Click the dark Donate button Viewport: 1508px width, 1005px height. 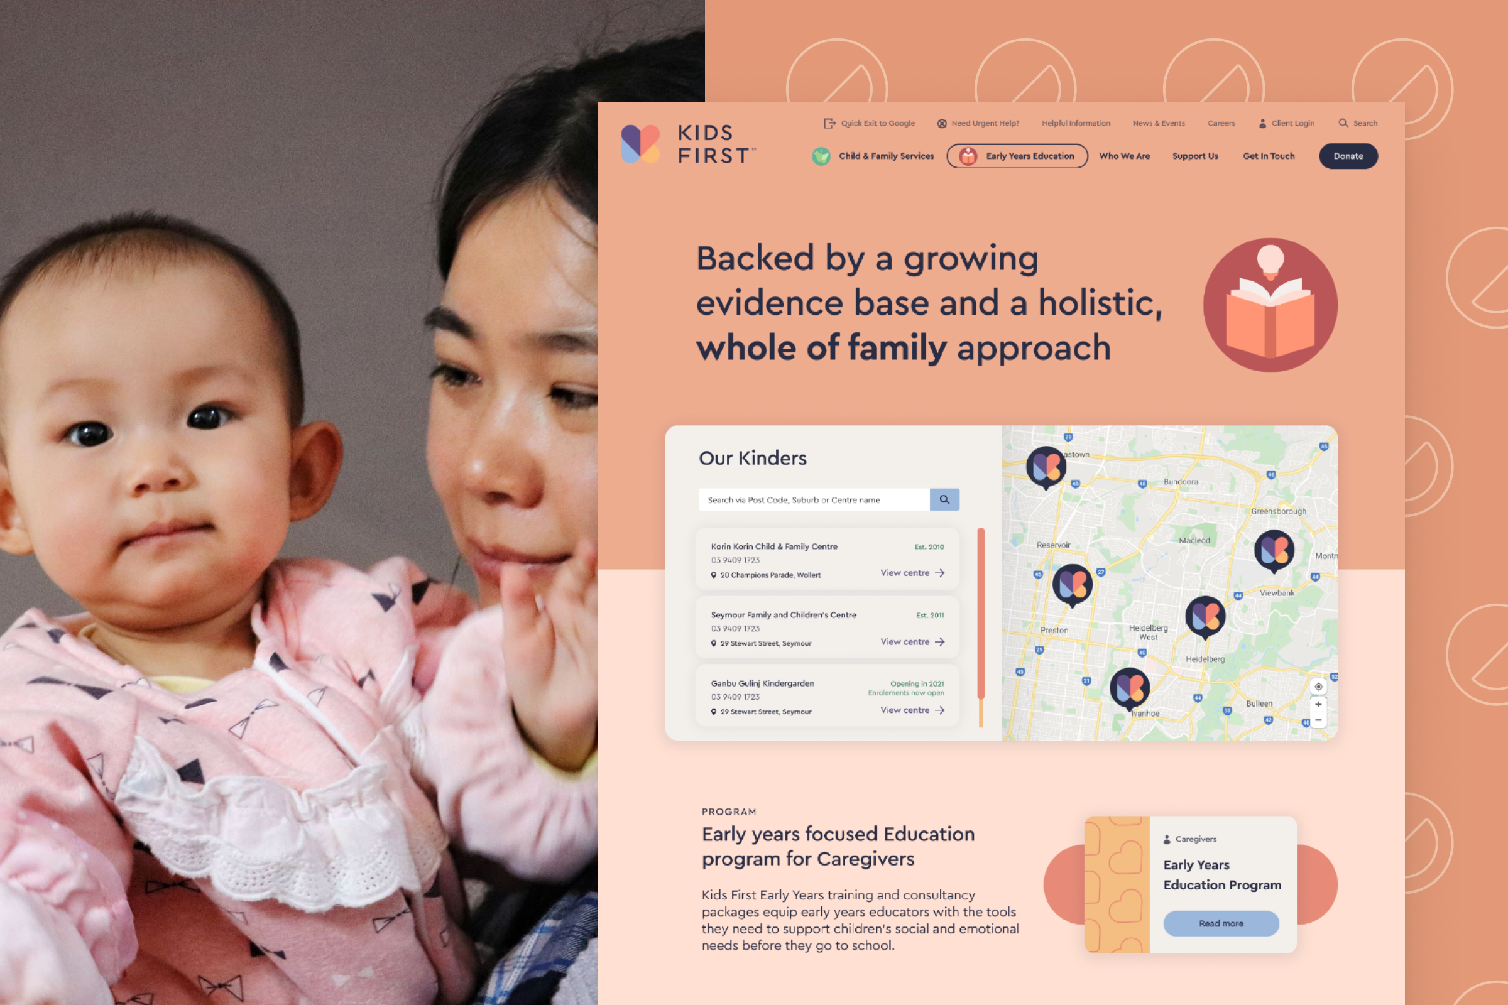[x=1348, y=156]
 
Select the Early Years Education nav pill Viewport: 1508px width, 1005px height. [x=1017, y=156]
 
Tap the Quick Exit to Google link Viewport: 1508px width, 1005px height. [x=870, y=123]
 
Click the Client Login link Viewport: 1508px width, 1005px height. [x=1286, y=123]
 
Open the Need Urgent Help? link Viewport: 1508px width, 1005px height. [x=978, y=123]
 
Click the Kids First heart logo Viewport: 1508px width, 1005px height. [x=640, y=144]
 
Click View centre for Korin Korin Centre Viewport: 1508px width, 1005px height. [x=912, y=573]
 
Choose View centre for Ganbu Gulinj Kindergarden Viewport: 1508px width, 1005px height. [x=912, y=710]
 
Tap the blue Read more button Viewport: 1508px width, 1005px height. [x=1221, y=923]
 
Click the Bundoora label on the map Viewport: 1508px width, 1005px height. [x=1181, y=481]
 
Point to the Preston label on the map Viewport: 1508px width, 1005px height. [x=1054, y=630]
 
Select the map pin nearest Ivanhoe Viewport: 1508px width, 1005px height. [x=1129, y=688]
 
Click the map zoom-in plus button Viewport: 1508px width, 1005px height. [x=1318, y=703]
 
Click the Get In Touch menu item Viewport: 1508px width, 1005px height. [x=1268, y=156]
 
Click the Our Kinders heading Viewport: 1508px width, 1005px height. [x=752, y=458]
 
